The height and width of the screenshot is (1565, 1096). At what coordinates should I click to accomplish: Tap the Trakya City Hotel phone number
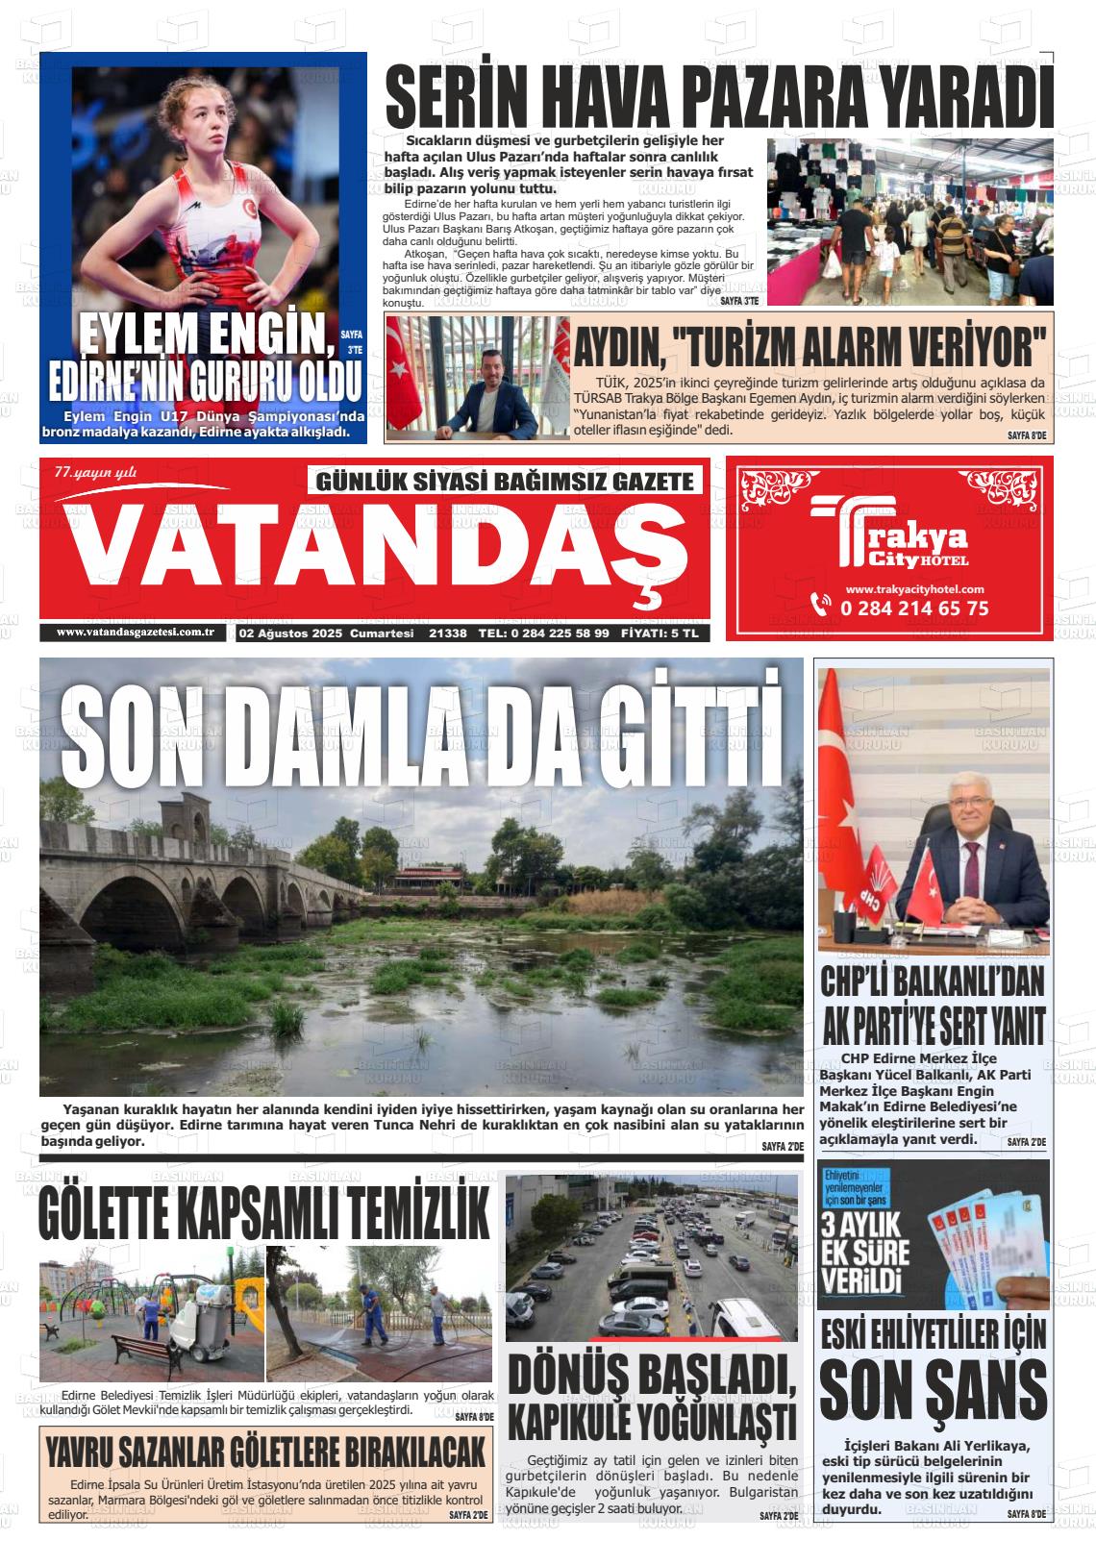pyautogui.click(x=913, y=608)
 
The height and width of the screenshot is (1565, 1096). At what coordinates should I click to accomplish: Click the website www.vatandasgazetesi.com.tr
pyautogui.click(x=134, y=632)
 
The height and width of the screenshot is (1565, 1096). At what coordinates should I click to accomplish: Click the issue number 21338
pyautogui.click(x=448, y=633)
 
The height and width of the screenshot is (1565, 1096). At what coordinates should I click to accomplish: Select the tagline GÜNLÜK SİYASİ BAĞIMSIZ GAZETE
pyautogui.click(x=504, y=481)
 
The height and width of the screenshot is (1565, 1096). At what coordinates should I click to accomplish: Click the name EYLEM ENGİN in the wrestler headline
pyautogui.click(x=201, y=336)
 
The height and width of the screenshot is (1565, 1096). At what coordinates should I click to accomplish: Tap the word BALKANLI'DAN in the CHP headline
pyautogui.click(x=969, y=983)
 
